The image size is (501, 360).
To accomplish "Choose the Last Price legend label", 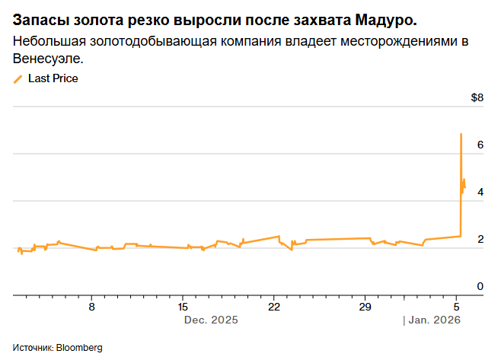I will [x=53, y=78].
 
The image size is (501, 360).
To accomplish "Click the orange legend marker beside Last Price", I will [x=18, y=78].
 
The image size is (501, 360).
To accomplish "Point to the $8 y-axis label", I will [x=477, y=97].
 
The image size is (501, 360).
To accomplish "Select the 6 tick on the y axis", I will [x=480, y=145].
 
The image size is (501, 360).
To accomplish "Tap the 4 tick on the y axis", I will [x=480, y=192].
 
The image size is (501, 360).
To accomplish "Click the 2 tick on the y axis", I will [x=480, y=239].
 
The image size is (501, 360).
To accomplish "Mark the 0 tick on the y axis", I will [x=480, y=285].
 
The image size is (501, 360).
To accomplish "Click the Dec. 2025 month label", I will [x=211, y=320].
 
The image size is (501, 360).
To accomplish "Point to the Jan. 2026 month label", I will [x=433, y=320].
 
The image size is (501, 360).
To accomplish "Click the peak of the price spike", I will [x=461, y=135].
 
